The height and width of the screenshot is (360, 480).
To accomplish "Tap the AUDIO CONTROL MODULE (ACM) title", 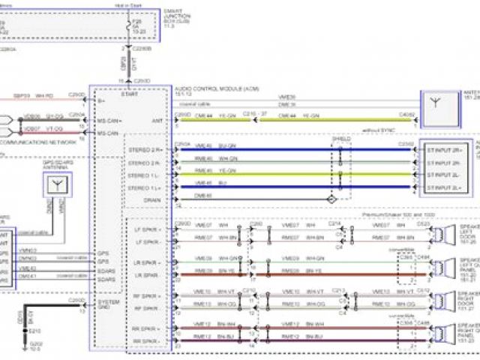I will (x=205, y=86).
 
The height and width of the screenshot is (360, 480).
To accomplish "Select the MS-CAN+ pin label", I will (x=108, y=121).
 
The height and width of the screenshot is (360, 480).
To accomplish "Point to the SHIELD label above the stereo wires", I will (x=340, y=139).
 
